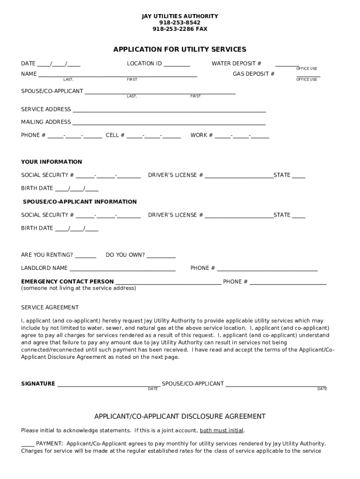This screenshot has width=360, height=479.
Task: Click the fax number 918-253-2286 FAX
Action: [x=180, y=29]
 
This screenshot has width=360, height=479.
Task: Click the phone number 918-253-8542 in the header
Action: [x=180, y=22]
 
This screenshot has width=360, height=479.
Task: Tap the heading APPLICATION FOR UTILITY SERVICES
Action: [x=180, y=50]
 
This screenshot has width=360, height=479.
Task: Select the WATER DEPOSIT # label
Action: [x=237, y=64]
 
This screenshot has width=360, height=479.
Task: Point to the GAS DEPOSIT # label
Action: [x=254, y=74]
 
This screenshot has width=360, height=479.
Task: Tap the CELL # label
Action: [x=115, y=135]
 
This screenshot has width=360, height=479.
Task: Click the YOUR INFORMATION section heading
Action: [x=51, y=162]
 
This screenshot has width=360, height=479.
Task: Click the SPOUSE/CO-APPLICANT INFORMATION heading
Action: [x=80, y=202]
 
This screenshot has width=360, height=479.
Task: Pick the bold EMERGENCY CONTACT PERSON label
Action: [x=67, y=282]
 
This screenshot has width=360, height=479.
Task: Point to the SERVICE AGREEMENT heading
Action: [x=50, y=307]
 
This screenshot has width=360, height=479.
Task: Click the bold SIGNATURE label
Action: [x=38, y=384]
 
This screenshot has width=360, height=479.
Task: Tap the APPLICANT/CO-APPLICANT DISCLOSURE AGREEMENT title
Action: [x=180, y=416]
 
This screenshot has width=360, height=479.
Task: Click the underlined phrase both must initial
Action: [x=222, y=430]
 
